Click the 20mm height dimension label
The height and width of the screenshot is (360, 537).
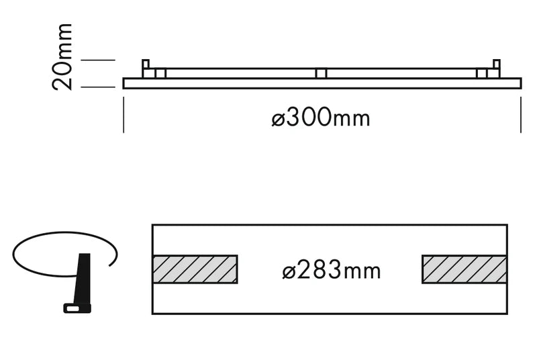(x=62, y=56)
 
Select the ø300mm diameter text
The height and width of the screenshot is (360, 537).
(x=321, y=118)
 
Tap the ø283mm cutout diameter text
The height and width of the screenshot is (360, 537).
(x=331, y=271)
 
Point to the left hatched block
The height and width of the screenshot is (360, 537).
(x=195, y=269)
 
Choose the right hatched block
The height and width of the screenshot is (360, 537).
(x=464, y=269)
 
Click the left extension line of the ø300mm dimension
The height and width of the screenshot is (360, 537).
(x=124, y=114)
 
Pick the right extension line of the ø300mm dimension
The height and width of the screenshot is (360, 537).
(x=521, y=114)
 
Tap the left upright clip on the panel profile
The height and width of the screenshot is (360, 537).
(x=145, y=68)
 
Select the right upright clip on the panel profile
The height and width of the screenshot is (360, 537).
(x=497, y=68)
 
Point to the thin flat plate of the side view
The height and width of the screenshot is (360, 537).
(x=322, y=83)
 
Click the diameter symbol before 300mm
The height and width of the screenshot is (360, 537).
(x=280, y=119)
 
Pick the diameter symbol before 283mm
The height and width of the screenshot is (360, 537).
(x=290, y=271)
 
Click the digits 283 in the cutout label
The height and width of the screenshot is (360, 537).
(x=319, y=271)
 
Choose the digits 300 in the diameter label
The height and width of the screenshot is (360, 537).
(x=309, y=118)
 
